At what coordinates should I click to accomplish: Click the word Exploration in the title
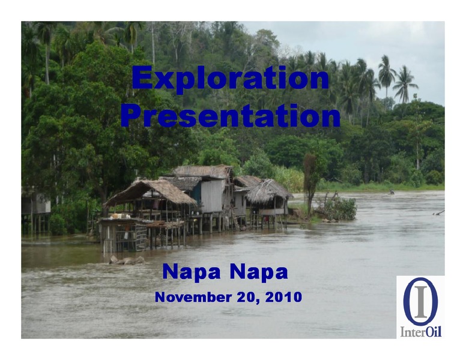(x=231, y=78)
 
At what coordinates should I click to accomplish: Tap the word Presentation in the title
(x=231, y=115)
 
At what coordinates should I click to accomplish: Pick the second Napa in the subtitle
(x=259, y=272)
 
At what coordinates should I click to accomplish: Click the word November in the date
(x=193, y=297)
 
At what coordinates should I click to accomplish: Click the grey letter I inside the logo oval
(x=421, y=301)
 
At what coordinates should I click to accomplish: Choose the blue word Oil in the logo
(x=434, y=331)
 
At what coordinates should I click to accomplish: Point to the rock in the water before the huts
(x=127, y=260)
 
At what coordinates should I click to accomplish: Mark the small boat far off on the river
(x=392, y=193)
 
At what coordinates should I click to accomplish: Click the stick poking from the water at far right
(x=438, y=212)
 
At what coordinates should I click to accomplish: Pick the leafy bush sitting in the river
(x=337, y=209)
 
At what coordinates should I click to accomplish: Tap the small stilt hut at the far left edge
(x=35, y=211)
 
